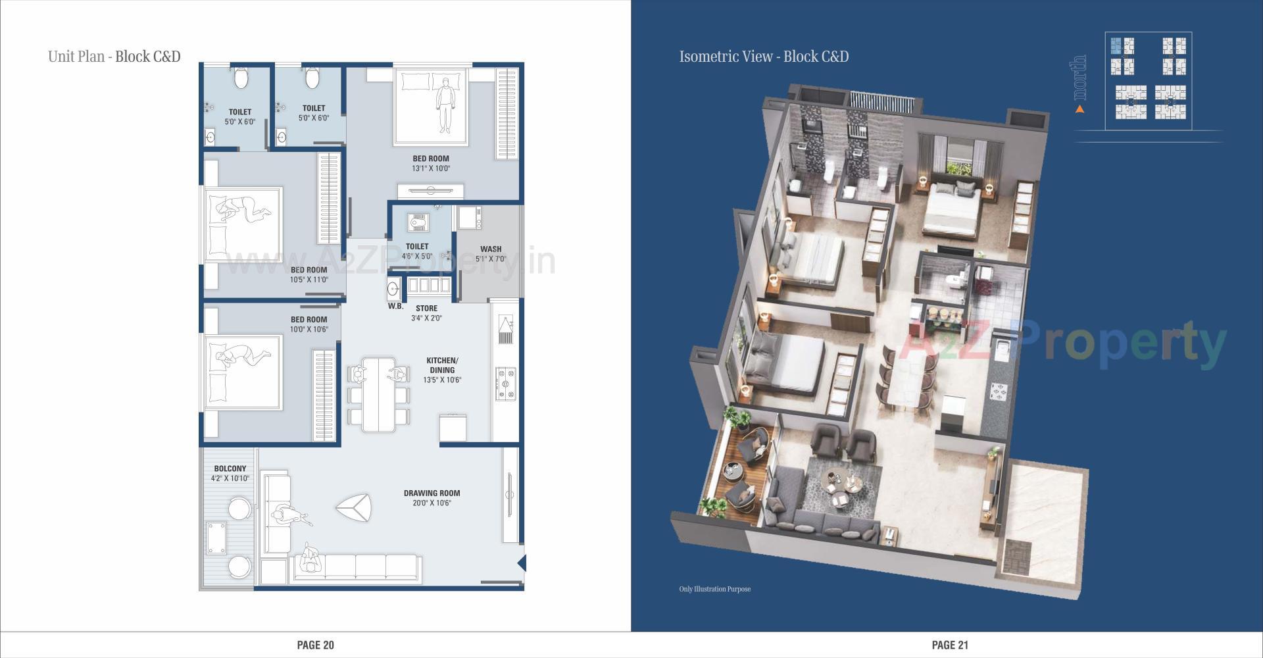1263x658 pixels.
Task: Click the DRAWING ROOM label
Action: [x=432, y=493]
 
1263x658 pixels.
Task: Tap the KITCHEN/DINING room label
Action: [x=442, y=365]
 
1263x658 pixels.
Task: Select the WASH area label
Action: [x=491, y=249]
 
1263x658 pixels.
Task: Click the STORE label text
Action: [x=426, y=308]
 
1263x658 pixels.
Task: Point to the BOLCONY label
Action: [x=230, y=468]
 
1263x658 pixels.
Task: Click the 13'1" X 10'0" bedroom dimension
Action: [x=431, y=168]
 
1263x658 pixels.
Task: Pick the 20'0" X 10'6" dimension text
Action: [x=432, y=503]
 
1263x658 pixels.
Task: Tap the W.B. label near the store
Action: [x=395, y=306]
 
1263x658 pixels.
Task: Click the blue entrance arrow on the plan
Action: [x=522, y=563]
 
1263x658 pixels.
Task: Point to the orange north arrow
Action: [x=1079, y=109]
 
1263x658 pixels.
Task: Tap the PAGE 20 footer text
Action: [x=315, y=645]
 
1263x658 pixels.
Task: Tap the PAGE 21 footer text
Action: [x=950, y=645]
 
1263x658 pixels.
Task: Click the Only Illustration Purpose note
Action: [x=714, y=589]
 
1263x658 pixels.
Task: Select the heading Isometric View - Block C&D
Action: [x=764, y=57]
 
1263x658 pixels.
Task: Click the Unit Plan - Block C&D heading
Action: [x=114, y=57]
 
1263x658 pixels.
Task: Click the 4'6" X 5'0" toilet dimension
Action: [x=417, y=256]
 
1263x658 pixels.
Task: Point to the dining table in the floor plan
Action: [x=378, y=393]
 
